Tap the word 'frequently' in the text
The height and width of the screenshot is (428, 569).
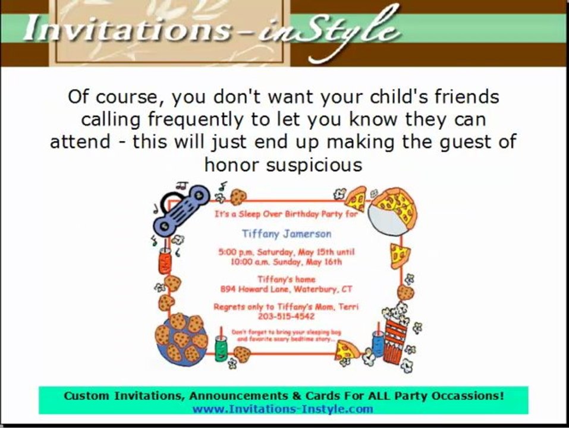[197, 119]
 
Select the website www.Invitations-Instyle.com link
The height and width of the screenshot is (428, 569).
[282, 408]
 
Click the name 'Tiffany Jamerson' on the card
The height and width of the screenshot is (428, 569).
[287, 234]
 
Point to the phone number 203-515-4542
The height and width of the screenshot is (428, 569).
[286, 317]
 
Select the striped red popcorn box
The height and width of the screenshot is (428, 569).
[397, 336]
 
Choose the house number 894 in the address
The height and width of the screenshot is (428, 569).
[228, 289]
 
